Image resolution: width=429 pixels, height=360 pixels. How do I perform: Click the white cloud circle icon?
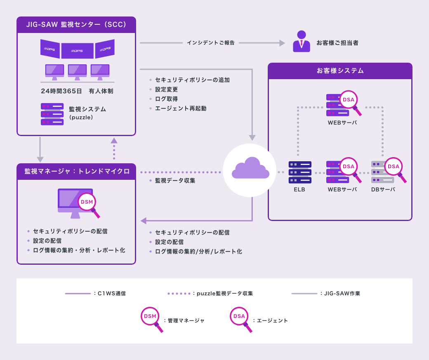point(250,170)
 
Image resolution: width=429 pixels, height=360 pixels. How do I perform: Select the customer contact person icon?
point(302,41)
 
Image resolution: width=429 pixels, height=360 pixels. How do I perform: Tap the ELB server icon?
point(300,172)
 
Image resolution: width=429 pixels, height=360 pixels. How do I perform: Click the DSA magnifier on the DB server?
point(394,167)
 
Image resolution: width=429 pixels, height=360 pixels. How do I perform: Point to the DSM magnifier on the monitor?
point(87,202)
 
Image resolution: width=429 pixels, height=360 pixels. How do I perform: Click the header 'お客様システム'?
point(340,71)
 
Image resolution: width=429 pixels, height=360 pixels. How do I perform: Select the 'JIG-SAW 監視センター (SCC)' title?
point(76,25)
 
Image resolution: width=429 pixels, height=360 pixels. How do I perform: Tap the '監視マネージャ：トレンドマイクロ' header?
point(76,171)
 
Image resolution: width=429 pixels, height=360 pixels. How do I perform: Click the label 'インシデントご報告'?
point(210,43)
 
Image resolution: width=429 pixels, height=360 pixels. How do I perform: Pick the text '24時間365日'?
point(61,91)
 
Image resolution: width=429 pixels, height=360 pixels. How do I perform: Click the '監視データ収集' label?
point(175,181)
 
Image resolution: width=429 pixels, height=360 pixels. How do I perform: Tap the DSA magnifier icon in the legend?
point(240,317)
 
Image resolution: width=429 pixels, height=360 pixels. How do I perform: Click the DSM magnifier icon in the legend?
point(150,317)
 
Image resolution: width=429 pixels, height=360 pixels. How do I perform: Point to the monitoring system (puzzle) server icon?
point(52,114)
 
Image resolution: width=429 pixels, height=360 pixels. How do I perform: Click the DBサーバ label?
point(383,190)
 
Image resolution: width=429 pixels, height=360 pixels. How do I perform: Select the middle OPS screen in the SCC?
point(78,51)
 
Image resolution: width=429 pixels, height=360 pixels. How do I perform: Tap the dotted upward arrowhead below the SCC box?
point(114,141)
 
